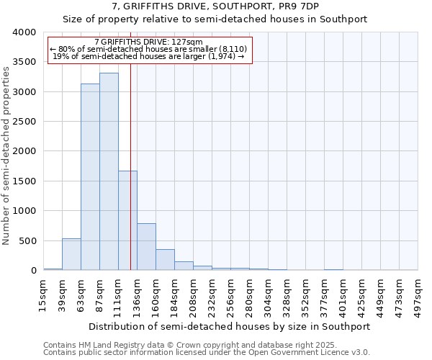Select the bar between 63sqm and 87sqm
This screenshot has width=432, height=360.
click(90, 177)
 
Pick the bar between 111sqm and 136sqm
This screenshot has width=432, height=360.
click(127, 220)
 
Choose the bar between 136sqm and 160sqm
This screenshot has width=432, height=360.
click(146, 247)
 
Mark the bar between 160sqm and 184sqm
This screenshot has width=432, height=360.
click(165, 260)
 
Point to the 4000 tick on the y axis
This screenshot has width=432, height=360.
click(24, 32)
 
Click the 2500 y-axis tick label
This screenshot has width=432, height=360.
click(24, 122)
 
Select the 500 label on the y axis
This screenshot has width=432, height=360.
click(27, 240)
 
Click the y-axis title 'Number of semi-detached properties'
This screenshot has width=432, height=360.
click(7, 155)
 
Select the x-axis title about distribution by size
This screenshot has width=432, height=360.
click(230, 326)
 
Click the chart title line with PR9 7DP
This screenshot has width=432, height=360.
click(215, 7)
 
